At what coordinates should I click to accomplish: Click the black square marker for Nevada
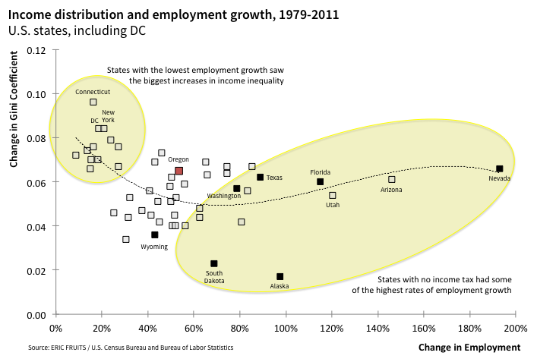499,168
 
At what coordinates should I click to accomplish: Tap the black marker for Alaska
280,276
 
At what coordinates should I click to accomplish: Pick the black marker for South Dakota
213,263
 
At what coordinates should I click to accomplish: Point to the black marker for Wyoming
154,235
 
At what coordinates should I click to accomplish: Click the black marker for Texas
260,177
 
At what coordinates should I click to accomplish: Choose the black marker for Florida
320,181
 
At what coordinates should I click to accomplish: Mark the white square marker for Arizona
391,179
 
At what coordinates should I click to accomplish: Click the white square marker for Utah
332,195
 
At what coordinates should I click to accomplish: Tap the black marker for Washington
236,188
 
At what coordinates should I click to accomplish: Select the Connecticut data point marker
93,102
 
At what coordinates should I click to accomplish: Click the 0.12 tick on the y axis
36,50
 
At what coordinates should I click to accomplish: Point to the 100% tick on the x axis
285,329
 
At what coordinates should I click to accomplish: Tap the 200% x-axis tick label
515,329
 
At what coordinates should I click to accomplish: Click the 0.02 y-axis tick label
36,270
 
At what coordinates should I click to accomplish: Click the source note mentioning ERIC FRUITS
121,348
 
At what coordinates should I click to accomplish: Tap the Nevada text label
499,178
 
